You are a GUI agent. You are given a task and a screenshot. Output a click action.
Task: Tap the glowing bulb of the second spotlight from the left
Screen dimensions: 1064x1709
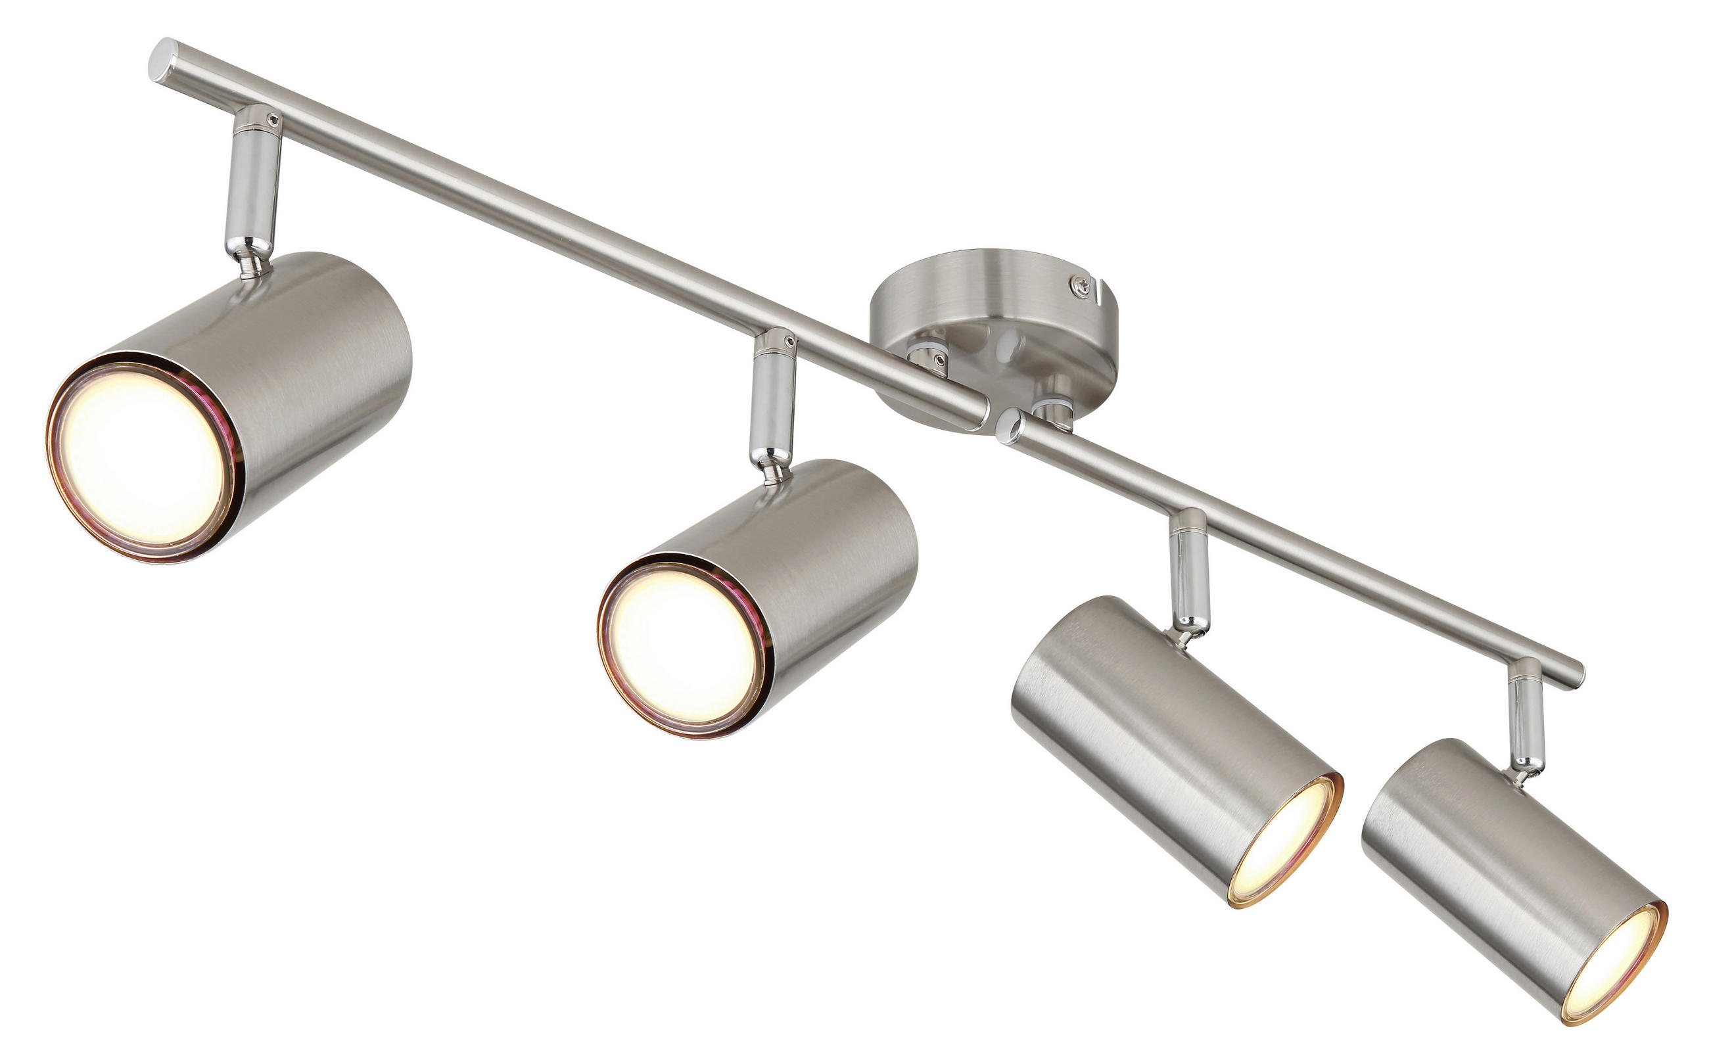679,645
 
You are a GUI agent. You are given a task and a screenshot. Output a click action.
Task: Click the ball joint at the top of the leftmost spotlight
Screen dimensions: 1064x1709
254,266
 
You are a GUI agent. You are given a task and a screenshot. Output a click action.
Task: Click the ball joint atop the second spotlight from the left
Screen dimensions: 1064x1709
774,473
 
